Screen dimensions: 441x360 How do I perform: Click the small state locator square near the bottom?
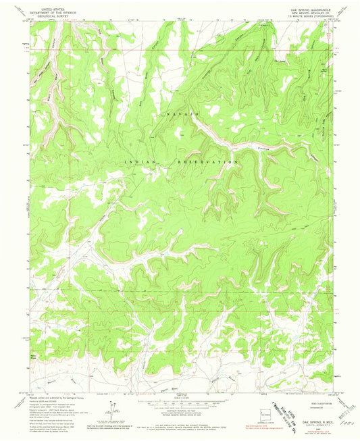pos(269,412)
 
